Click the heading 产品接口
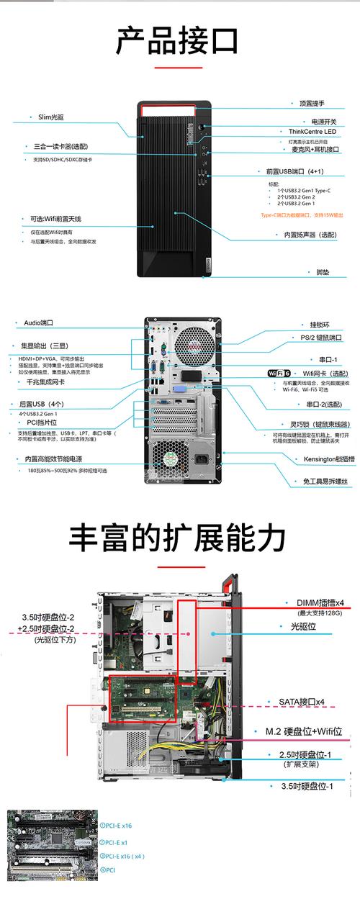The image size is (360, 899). click(177, 41)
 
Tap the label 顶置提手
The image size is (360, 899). click(312, 104)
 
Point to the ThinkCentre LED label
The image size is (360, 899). click(312, 132)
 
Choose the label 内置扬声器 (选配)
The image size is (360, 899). click(310, 235)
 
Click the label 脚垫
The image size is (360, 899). click(323, 272)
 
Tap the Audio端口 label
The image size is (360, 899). click(39, 323)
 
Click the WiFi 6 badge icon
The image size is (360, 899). click(279, 373)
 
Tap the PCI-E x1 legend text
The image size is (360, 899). click(114, 841)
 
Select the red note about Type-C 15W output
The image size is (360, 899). click(302, 215)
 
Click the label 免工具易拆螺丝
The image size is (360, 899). click(324, 480)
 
